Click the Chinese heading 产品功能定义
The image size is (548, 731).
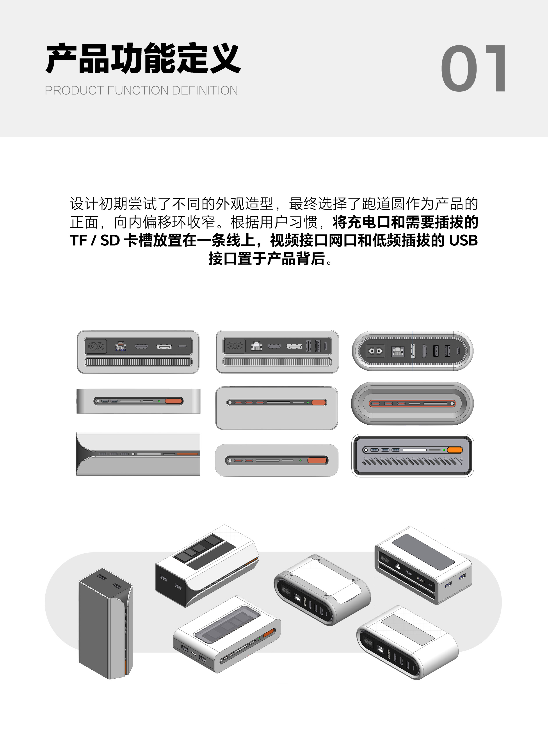[143, 59]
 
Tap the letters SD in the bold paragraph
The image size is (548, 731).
[110, 241]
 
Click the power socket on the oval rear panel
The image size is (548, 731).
[375, 351]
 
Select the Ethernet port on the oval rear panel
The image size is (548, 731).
[398, 351]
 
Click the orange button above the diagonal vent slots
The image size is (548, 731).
[455, 450]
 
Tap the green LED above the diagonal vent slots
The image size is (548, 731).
[444, 450]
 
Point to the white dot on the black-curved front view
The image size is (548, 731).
[133, 454]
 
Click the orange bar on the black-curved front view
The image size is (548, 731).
[187, 454]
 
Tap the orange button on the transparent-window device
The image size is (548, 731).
[268, 633]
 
